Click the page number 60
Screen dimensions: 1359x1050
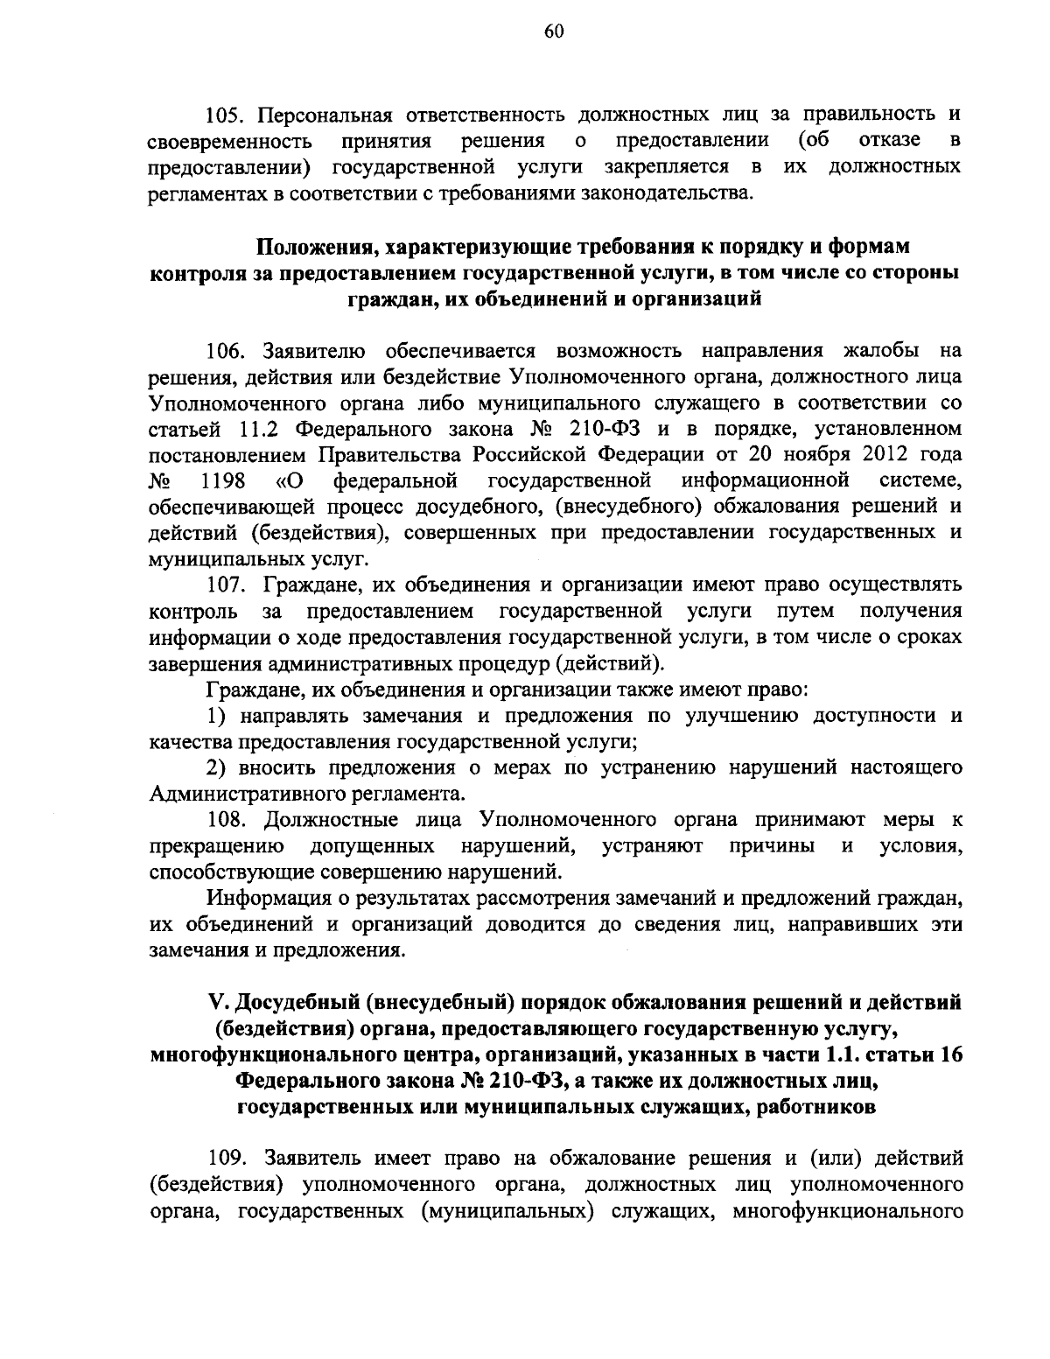coord(529,32)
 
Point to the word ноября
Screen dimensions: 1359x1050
coord(818,456)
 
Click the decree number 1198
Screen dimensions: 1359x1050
coord(222,481)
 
